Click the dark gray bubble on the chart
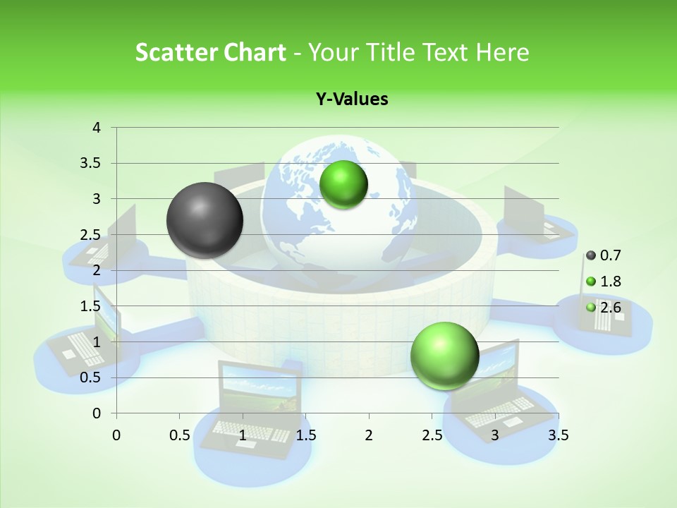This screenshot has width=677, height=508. point(205,220)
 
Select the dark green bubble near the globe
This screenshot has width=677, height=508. point(343,185)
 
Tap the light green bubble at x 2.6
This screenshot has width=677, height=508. point(444,356)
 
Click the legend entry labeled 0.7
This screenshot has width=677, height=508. point(604,255)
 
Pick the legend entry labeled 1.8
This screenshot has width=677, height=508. point(604,282)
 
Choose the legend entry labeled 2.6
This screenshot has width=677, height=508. point(604,307)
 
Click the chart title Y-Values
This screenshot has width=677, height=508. point(352,99)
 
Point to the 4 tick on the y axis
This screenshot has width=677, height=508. point(97,128)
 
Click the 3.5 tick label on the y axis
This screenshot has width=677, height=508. point(90,164)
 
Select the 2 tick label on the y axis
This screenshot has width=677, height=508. point(97,270)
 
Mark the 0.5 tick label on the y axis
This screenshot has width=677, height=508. point(90,377)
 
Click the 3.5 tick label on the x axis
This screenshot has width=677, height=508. point(558,435)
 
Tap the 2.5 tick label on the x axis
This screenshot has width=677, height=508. point(432,435)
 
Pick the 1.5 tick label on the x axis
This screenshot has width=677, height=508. point(305,435)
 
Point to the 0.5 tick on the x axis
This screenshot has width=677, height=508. point(179,435)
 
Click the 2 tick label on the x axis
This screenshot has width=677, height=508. point(369,435)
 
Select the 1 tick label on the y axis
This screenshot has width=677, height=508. point(97,342)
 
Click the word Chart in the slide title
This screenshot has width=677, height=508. point(255,52)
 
